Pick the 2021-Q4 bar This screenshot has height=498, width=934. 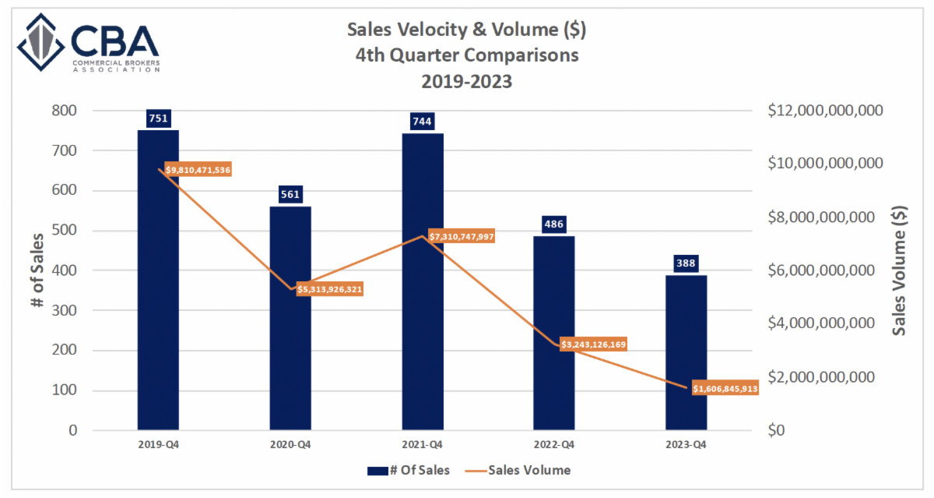pos(423,281)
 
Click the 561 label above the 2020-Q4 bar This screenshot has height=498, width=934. pos(290,194)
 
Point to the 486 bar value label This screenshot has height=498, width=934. pos(554,224)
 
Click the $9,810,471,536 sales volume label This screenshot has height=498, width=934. pos(198,169)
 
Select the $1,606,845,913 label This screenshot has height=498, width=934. pos(724,387)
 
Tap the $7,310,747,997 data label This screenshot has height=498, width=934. pos(462,236)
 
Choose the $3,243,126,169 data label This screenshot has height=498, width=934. pos(593,344)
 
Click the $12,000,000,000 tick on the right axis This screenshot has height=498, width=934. pos(825,111)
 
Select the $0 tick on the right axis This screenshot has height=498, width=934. pos(776,430)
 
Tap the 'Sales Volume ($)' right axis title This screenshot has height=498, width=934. pos(900,270)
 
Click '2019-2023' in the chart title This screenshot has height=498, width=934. pos(467,80)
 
